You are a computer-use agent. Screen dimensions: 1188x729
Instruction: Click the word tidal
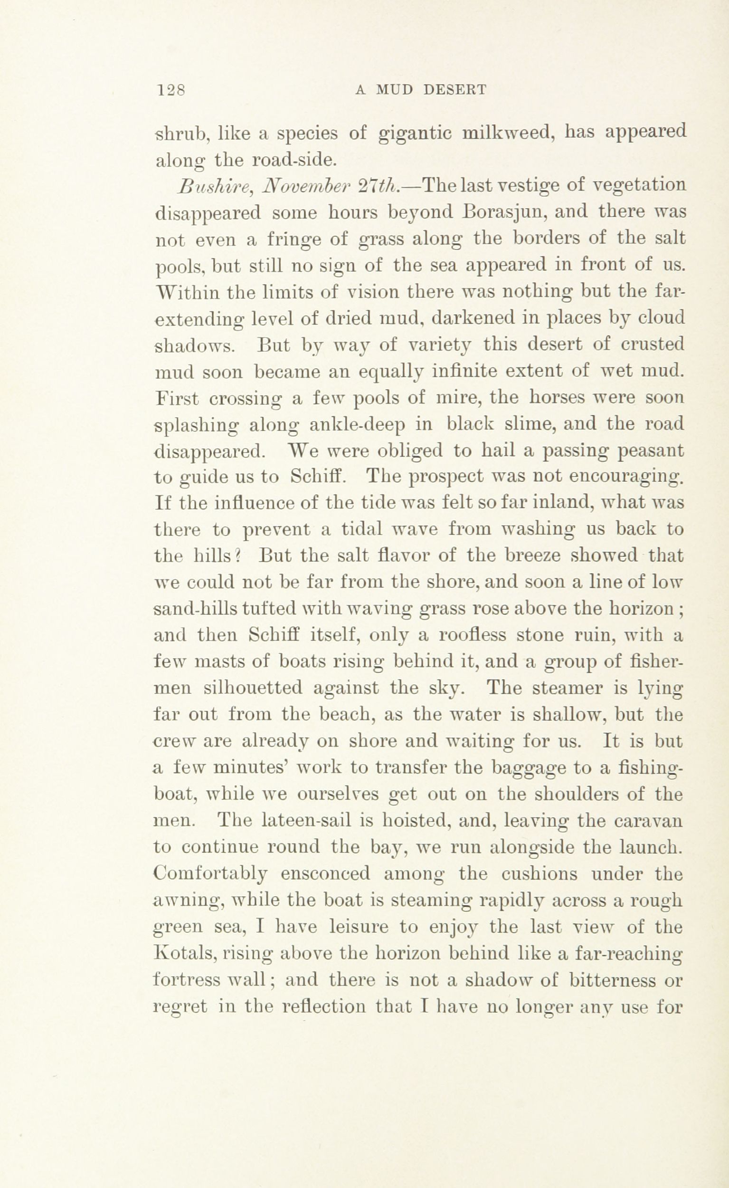pyautogui.click(x=361, y=529)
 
